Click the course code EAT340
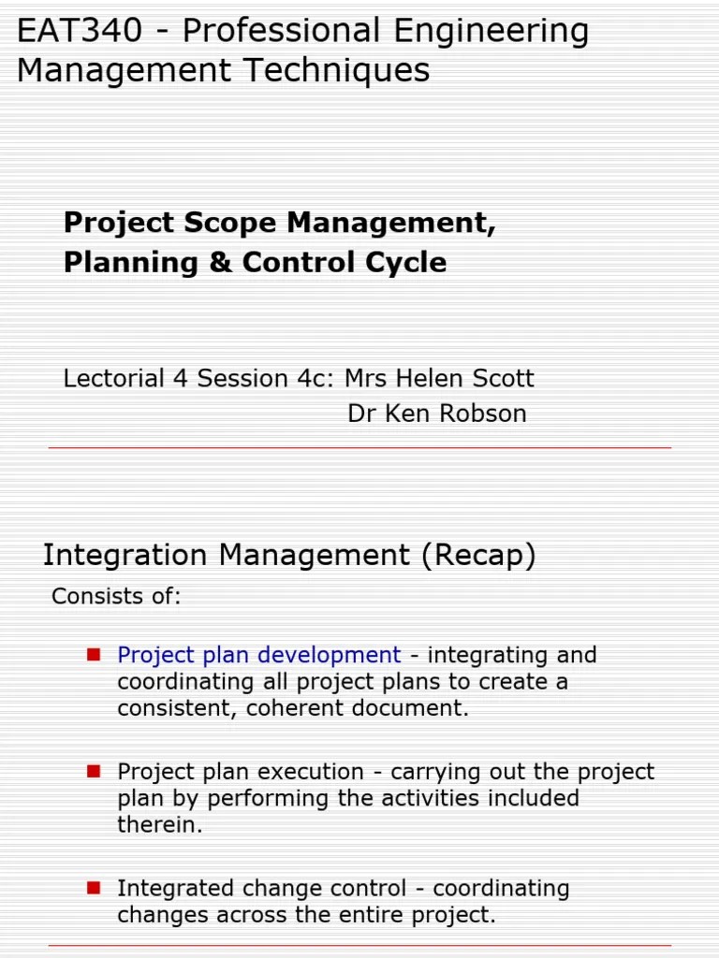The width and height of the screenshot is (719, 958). tap(80, 31)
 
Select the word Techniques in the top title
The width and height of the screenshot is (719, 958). tap(337, 70)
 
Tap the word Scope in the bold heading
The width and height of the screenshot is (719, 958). tap(230, 224)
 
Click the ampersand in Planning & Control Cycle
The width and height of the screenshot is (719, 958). tap(220, 263)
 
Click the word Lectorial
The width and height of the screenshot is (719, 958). tap(114, 379)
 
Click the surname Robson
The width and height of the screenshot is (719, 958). tap(483, 414)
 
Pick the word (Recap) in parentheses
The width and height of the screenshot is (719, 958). tap(478, 556)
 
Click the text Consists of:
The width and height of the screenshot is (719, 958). tap(116, 596)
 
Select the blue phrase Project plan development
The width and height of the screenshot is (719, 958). tap(259, 656)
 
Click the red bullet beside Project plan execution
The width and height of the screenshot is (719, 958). tap(94, 771)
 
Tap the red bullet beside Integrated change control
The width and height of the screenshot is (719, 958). tap(94, 888)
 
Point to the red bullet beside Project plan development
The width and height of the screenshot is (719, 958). tap(94, 655)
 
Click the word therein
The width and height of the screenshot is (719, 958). tap(159, 825)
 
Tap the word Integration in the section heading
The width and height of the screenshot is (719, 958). tap(125, 556)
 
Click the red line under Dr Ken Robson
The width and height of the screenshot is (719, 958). tap(359, 448)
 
